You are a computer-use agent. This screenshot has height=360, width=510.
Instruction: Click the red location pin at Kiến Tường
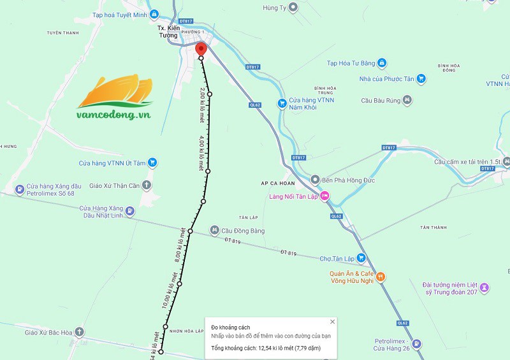pyautogui.click(x=201, y=50)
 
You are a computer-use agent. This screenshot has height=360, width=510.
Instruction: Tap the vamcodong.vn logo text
pyautogui.click(x=113, y=115)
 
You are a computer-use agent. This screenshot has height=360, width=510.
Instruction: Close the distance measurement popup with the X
pyautogui.click(x=332, y=322)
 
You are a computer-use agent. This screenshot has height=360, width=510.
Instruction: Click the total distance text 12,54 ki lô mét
pyautogui.click(x=266, y=348)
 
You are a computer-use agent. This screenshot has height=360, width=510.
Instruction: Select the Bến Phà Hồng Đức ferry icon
pyautogui.click(x=314, y=180)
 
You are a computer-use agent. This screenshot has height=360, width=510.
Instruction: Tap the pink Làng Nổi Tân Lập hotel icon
pyautogui.click(x=324, y=196)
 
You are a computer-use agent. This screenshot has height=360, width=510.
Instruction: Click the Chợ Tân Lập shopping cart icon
pyautogui.click(x=361, y=258)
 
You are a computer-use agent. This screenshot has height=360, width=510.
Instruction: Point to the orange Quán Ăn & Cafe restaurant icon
pyautogui.click(x=381, y=277)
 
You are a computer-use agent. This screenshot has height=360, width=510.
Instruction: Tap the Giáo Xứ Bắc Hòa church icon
pyautogui.click(x=78, y=332)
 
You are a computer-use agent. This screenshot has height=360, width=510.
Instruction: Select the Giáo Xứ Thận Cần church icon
pyautogui.click(x=147, y=185)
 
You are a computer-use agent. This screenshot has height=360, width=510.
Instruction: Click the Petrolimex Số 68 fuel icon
pyautogui.click(x=20, y=189)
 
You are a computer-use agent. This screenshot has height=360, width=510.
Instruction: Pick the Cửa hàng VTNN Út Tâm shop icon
pyautogui.click(x=152, y=163)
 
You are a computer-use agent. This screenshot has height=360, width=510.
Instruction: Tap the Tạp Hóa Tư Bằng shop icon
pyautogui.click(x=381, y=62)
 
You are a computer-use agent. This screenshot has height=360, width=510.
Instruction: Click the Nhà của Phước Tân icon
pyautogui.click(x=421, y=79)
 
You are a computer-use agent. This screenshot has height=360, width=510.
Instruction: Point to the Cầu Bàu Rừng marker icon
pyautogui.click(x=407, y=100)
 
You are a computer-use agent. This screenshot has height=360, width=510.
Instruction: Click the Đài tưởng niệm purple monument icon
pyautogui.click(x=484, y=288)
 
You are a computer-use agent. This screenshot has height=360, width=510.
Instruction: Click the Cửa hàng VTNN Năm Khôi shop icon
pyautogui.click(x=281, y=103)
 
